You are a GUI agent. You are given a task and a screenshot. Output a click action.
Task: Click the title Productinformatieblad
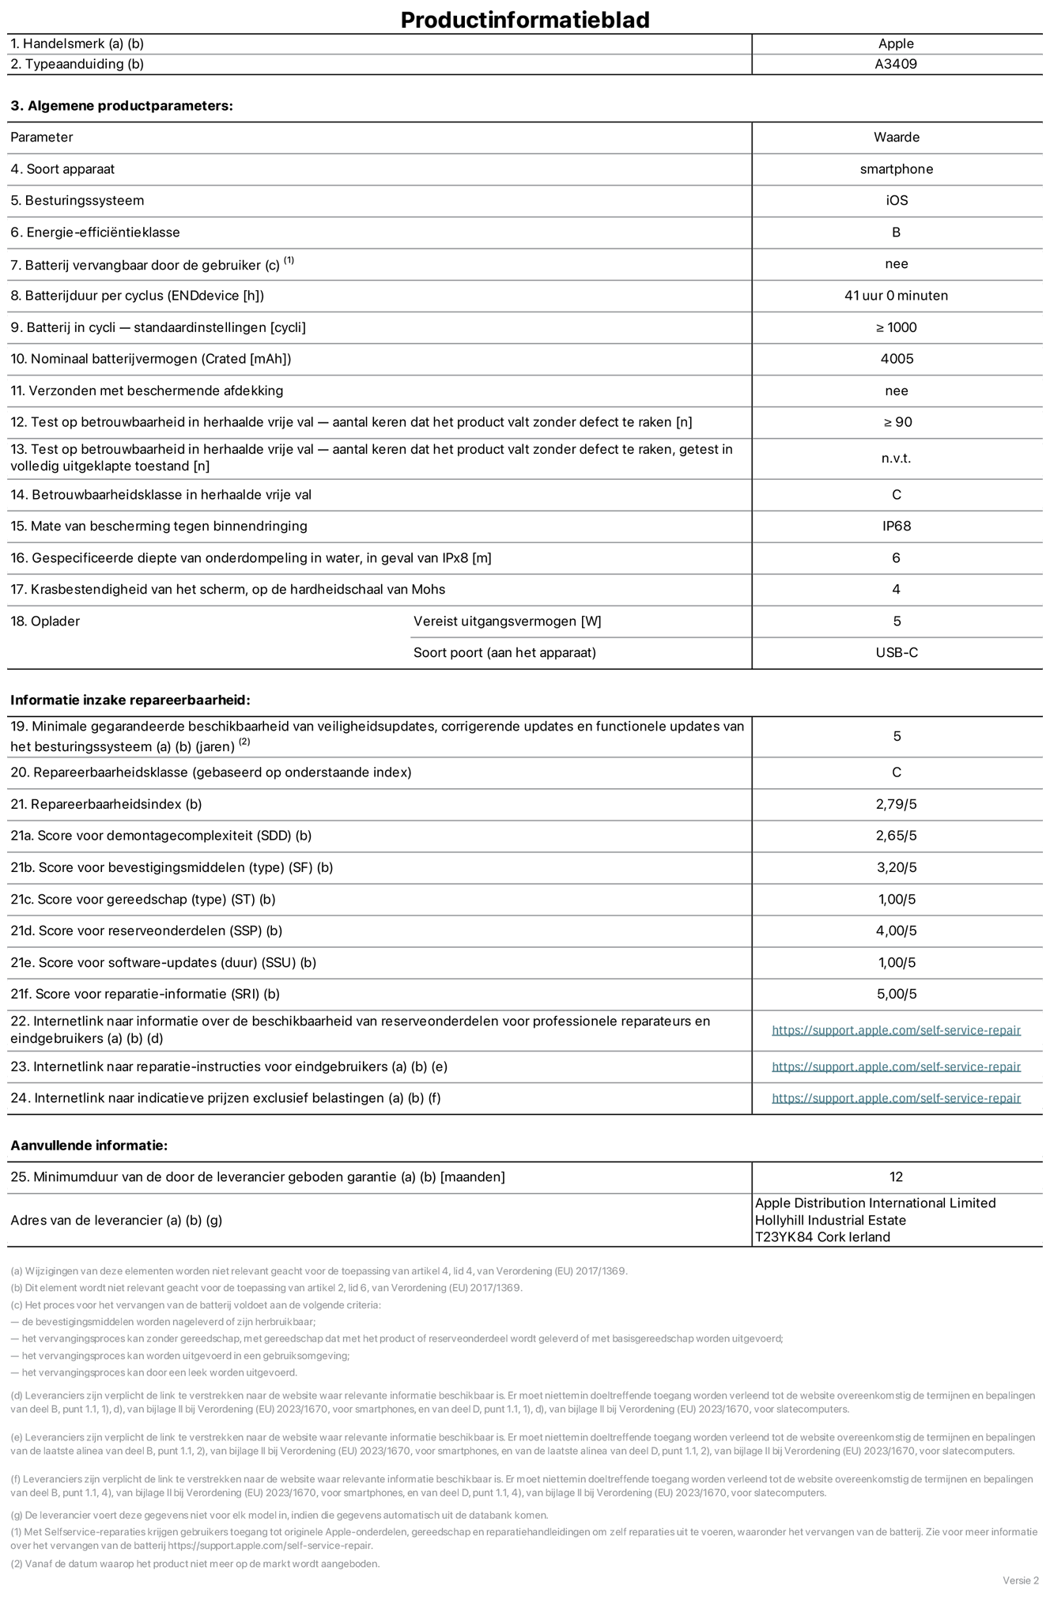(525, 19)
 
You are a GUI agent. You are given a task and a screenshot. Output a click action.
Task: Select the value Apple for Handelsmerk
(896, 44)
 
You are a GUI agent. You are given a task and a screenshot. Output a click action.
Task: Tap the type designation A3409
(896, 64)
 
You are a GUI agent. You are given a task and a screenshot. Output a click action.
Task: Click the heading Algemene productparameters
(122, 105)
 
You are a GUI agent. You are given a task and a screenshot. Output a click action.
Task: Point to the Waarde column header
(896, 138)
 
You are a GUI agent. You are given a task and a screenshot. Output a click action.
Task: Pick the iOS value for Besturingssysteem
(897, 201)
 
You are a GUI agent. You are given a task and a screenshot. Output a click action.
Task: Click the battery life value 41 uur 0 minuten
(896, 296)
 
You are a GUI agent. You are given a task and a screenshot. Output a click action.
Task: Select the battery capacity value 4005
(897, 359)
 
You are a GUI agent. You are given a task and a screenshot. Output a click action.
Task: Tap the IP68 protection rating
(897, 527)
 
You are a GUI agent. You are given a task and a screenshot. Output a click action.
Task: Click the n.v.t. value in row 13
(897, 459)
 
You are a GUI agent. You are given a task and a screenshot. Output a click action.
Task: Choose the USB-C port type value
(897, 653)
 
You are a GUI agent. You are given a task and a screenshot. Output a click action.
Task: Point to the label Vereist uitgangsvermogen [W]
(507, 621)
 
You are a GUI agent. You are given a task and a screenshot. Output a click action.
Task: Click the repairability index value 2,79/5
(897, 805)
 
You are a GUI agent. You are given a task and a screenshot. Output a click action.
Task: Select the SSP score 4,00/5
(897, 931)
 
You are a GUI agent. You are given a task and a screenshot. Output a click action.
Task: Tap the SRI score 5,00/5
(897, 995)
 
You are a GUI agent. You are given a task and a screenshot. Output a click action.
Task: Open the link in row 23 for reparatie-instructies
(896, 1067)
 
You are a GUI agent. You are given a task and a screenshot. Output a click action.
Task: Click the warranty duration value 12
(896, 1177)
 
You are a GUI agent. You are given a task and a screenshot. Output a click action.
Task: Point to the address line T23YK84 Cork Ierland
(822, 1237)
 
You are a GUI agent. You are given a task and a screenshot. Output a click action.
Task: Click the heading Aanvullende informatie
(89, 1146)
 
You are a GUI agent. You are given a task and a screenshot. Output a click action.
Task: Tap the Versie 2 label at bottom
(1021, 1580)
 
